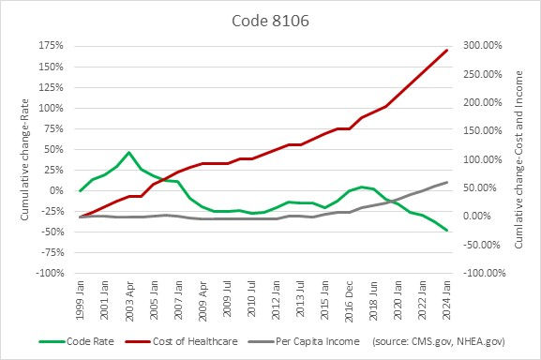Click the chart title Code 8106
(x=270, y=19)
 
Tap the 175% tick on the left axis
(x=51, y=45)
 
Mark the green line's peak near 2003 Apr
(x=129, y=152)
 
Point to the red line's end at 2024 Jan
(x=446, y=51)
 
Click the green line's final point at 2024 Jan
(x=446, y=231)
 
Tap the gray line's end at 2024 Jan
(x=446, y=182)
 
